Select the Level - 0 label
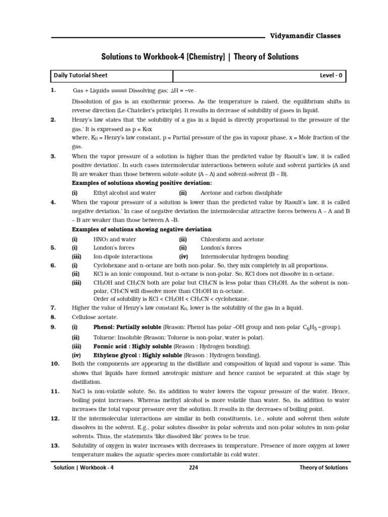tap(331, 76)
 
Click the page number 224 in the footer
tap(193, 468)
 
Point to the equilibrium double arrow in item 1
tap(119, 91)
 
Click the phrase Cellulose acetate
tap(94, 317)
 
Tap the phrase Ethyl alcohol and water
tap(124, 193)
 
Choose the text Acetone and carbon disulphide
tap(241, 193)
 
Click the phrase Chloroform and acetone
tap(232, 239)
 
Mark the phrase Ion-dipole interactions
tap(123, 256)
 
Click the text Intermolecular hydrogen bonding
tap(245, 256)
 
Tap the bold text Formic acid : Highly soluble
tap(133, 347)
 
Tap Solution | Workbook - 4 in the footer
tap(84, 468)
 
